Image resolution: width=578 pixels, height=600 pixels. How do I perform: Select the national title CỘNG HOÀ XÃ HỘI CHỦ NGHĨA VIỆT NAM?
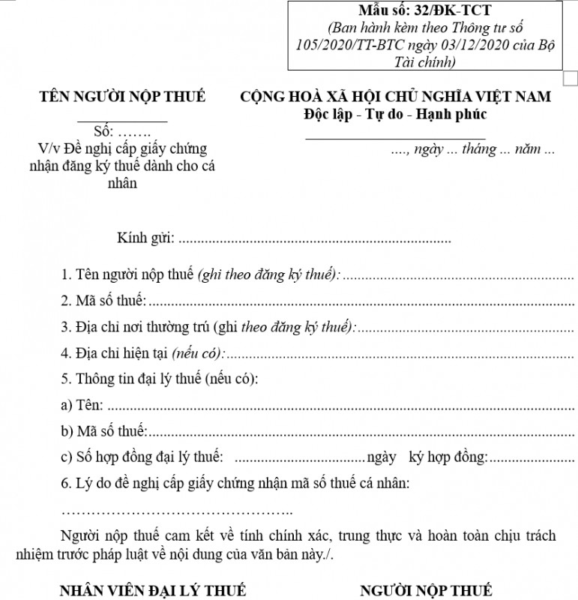coord(395,97)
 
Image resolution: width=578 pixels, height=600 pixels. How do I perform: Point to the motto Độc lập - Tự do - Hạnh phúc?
coord(395,115)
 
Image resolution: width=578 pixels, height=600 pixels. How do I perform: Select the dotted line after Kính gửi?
coord(316,241)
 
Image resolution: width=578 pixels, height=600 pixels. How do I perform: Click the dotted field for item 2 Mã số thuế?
coord(361,303)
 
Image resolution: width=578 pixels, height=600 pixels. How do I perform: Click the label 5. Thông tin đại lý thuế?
coord(159,379)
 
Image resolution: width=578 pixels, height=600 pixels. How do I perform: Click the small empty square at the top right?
coord(571,77)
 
